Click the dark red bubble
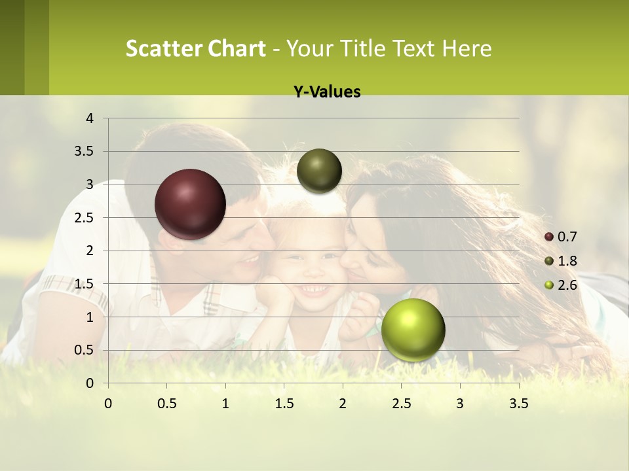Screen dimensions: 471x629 pos(191,204)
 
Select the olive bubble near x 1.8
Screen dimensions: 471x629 pos(319,171)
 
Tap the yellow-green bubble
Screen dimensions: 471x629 pos(413,330)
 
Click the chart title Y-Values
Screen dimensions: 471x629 pos(327,92)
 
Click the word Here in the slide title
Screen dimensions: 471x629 pos(467,48)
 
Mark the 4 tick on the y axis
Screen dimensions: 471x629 pos(90,118)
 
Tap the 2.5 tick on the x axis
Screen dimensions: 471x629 pos(402,404)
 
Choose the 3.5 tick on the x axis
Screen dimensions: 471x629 pos(519,404)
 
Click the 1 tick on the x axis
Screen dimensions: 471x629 pos(225,404)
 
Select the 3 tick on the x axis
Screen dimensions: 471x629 pos(460,404)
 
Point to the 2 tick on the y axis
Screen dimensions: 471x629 pos(90,251)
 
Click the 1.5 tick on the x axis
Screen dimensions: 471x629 pos(284,404)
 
